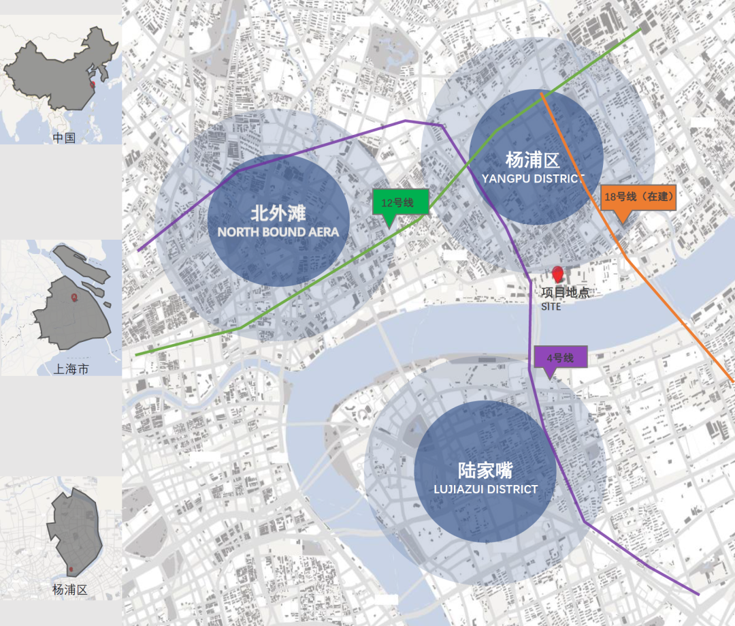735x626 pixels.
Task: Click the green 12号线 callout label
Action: pos(401,202)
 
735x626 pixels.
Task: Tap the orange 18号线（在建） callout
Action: pos(638,197)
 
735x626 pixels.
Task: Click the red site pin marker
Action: pos(558,275)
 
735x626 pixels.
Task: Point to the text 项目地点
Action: pos(565,293)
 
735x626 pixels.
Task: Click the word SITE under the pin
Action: pos(551,307)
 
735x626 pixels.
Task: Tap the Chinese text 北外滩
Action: pos(278,213)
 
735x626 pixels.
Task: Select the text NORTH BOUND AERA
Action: pos(278,232)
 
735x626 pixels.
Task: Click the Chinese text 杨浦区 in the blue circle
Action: pos(532,161)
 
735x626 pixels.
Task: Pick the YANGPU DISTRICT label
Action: pos(532,178)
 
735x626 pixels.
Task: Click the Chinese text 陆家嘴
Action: pos(485,471)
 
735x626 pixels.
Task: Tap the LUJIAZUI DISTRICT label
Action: pos(485,489)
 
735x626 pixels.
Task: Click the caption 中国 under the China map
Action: pos(64,138)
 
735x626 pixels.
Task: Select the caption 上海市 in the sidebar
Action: pos(71,369)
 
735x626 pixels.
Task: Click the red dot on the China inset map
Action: pos(93,84)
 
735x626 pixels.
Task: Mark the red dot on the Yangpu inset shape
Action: pos(71,569)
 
